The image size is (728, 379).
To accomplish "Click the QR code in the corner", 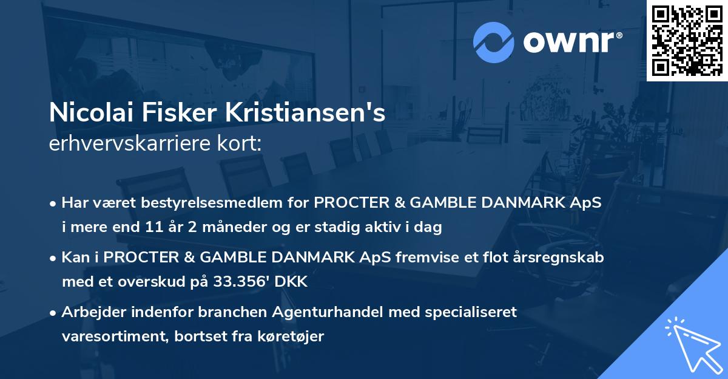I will (x=687, y=41).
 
